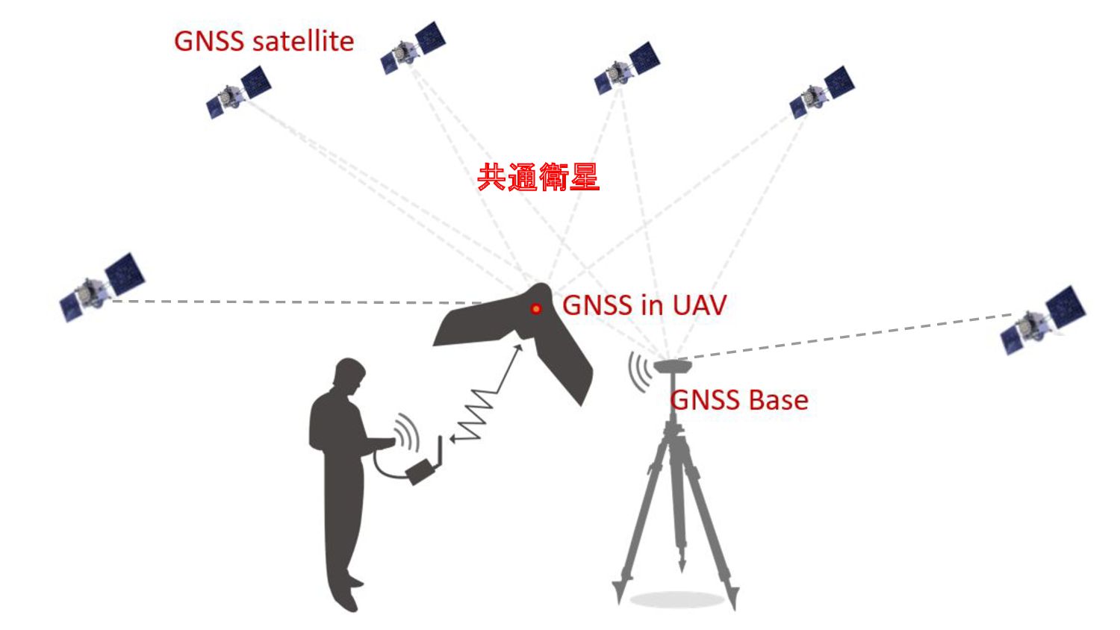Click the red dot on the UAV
pos(535,308)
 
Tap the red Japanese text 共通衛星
pos(538,178)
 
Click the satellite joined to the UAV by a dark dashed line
pos(101,287)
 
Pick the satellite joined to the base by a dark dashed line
pos(1043,319)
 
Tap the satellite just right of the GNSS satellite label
pos(413,48)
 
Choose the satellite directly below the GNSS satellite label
pos(238,92)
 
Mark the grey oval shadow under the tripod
pos(676,599)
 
